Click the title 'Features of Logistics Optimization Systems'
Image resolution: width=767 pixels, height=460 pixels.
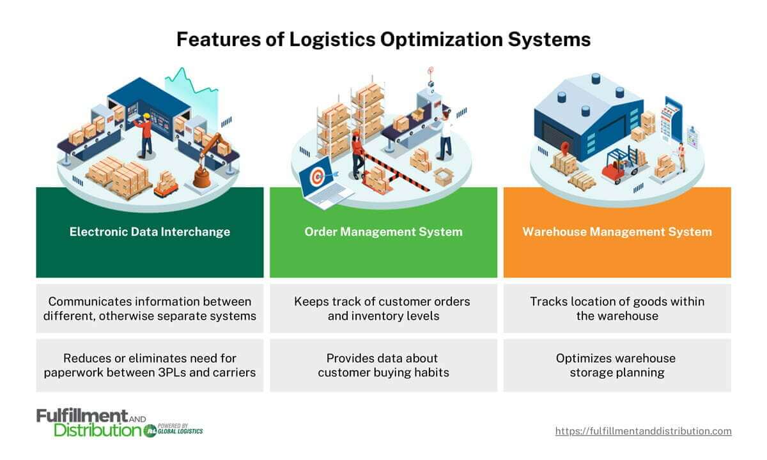click(383, 40)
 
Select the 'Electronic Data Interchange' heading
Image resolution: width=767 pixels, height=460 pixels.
click(150, 232)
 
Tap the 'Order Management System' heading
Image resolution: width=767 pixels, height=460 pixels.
click(383, 232)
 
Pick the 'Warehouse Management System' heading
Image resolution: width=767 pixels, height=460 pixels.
click(617, 232)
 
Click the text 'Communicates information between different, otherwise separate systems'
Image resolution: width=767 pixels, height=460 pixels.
click(150, 308)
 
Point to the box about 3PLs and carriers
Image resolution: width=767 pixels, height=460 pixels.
click(150, 365)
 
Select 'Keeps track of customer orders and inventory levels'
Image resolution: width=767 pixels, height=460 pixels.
click(383, 308)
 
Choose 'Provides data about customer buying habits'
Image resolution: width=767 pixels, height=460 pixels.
click(383, 365)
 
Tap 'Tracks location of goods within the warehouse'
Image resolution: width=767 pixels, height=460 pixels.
click(617, 308)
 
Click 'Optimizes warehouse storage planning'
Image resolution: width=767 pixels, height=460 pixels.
click(617, 365)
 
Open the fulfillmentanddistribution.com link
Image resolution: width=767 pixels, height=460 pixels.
click(643, 431)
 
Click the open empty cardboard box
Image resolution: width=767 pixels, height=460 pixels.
click(442, 175)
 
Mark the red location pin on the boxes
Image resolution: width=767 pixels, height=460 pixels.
click(564, 148)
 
